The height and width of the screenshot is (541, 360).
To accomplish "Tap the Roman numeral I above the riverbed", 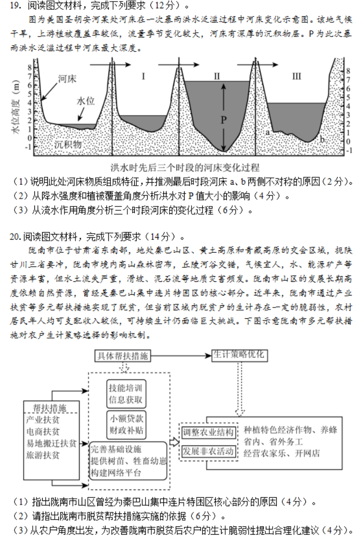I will click(x=143, y=76).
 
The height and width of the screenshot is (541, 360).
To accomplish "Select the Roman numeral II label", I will click(x=217, y=76).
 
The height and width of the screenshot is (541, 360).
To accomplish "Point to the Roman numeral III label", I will click(x=296, y=76).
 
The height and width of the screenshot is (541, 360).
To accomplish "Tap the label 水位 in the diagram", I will click(x=86, y=100).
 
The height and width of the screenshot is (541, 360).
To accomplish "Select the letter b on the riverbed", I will click(x=322, y=139).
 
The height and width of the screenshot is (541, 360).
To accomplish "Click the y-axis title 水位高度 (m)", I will click(x=17, y=109).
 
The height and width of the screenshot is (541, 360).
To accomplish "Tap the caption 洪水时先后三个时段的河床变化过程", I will click(x=185, y=168).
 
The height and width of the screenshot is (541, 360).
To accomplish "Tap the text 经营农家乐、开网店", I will click(x=281, y=453).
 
